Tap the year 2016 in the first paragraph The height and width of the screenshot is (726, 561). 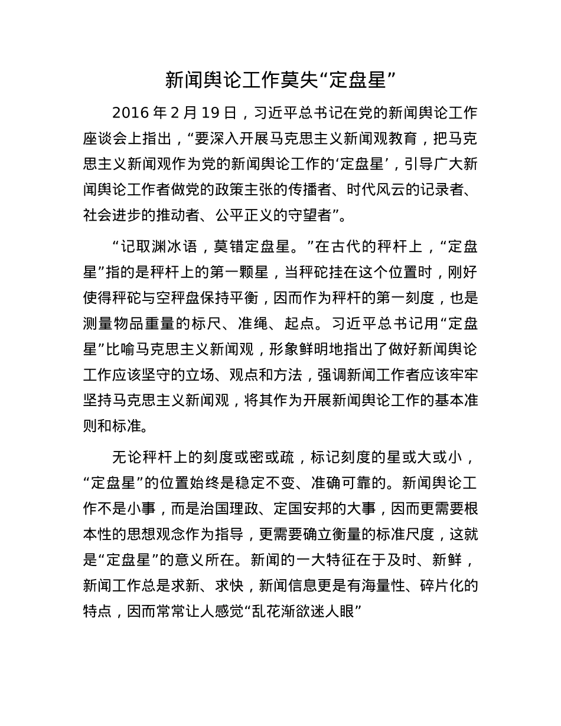(x=129, y=113)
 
